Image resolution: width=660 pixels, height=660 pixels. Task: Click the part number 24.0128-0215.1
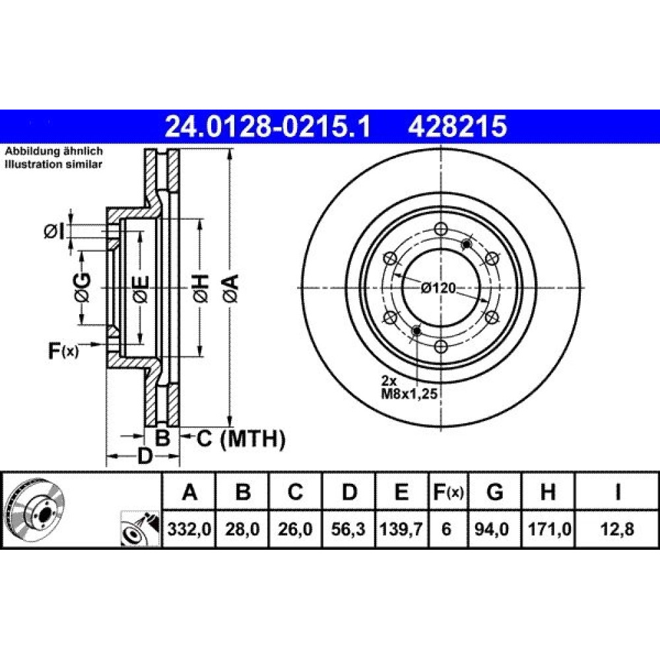pos(268,126)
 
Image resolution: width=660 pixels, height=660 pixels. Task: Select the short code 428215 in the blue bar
pos(457,126)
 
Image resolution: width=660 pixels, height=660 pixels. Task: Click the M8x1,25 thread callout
pos(409,395)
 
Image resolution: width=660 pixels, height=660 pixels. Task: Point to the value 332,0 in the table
pos(189,529)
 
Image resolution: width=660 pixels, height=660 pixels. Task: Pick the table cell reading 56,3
pos(348,529)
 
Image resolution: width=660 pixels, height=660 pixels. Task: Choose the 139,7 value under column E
pos(401,529)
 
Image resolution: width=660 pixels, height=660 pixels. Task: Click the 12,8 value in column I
pos(617,529)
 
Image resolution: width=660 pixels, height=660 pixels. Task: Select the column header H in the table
pos(548,492)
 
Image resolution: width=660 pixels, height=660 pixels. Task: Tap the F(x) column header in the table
pos(448,492)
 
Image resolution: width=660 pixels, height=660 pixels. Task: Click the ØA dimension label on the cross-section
pos(231,288)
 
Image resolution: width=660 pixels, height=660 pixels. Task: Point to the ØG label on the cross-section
pos(82,288)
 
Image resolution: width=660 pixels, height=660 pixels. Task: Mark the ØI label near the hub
pos(55,231)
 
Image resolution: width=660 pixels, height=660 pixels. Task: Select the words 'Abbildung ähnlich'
pos(53,151)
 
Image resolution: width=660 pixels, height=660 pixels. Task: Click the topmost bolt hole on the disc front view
pos(441,229)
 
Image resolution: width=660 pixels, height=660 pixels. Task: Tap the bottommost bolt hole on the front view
pos(441,346)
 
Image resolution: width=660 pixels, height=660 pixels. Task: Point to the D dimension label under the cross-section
pos(145,456)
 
